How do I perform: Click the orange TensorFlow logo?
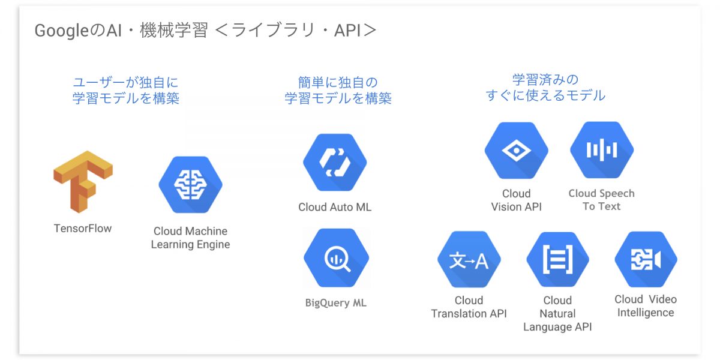83,182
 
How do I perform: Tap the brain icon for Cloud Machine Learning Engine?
191,185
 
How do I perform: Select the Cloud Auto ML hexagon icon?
335,163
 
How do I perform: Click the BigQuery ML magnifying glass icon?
336,258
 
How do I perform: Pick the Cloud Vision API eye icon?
517,151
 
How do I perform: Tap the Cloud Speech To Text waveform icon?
602,150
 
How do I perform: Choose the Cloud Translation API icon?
469,259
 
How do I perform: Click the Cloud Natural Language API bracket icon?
557,259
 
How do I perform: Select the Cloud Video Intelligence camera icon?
646,259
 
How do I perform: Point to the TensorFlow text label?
83,228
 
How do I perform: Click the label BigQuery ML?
335,303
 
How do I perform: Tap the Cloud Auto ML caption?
335,207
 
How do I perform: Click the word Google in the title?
61,31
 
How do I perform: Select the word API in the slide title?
347,31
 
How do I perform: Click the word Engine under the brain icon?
214,245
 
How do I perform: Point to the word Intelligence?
646,313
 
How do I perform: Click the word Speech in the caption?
618,193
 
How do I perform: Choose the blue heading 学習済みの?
545,80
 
